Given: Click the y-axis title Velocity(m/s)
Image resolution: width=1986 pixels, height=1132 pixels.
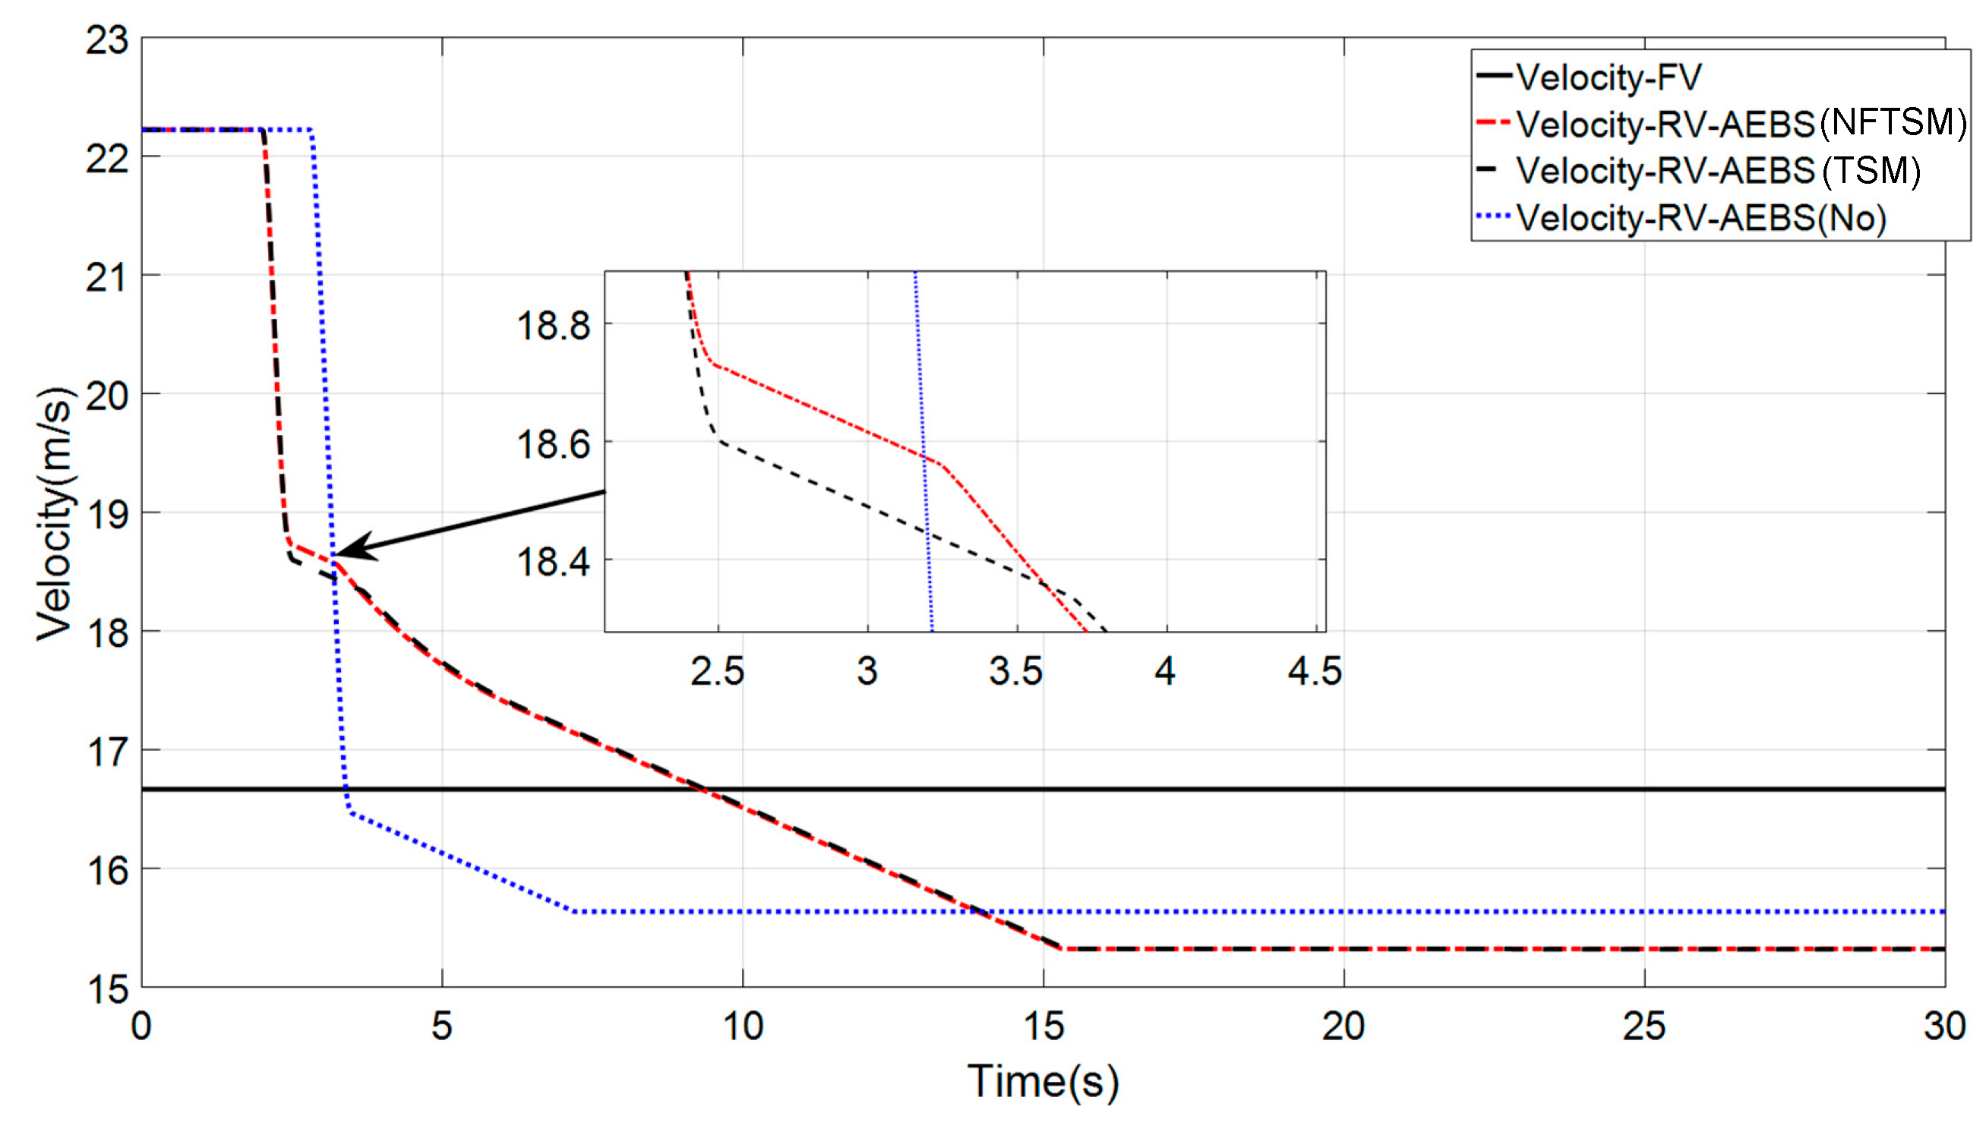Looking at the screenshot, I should (x=55, y=513).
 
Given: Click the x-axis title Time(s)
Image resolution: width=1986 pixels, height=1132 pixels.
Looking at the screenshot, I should (x=1042, y=1080).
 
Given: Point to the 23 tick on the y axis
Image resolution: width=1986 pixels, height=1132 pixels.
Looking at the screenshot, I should (x=107, y=39).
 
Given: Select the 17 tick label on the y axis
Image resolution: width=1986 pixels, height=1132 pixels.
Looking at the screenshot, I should (x=107, y=752).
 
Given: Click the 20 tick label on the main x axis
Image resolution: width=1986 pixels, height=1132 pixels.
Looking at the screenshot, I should (x=1343, y=1026).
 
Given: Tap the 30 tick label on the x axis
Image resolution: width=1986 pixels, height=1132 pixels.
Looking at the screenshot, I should (x=1944, y=1026).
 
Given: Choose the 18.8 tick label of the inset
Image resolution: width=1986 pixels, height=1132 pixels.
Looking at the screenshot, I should (x=553, y=324).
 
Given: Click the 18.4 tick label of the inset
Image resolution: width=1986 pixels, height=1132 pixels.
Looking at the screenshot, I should (x=553, y=560).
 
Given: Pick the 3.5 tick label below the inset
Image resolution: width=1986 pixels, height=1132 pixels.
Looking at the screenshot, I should (x=1015, y=671).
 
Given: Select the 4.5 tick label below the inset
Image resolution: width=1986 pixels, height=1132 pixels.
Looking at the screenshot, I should (x=1314, y=671).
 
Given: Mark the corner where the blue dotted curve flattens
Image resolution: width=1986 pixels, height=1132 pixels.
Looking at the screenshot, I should (x=574, y=910).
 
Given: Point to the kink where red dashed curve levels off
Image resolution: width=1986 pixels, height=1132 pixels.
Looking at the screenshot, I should (x=1062, y=948).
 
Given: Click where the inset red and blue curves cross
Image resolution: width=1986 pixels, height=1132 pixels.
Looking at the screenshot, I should (x=923, y=456).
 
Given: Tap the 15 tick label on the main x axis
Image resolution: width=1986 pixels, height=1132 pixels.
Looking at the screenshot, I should (x=1043, y=1026).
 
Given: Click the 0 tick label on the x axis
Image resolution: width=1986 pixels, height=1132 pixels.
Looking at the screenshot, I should (x=141, y=1026).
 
